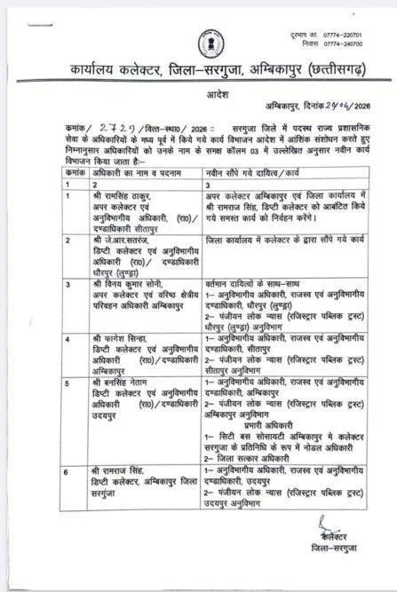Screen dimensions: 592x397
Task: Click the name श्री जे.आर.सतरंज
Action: (123, 240)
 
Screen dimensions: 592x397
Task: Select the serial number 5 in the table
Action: (67, 380)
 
